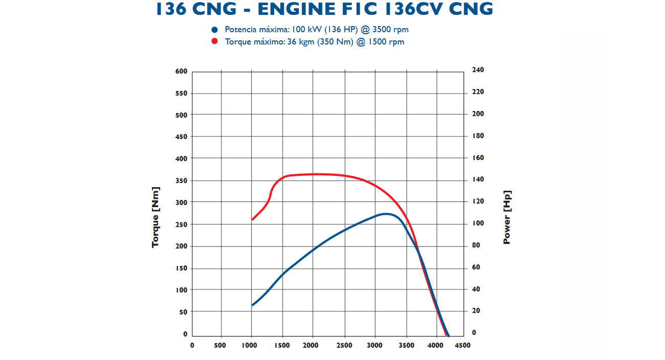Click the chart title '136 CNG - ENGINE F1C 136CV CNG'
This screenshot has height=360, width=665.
(325, 9)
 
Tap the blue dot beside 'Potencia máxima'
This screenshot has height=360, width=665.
(215, 30)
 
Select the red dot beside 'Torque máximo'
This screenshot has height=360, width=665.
(215, 42)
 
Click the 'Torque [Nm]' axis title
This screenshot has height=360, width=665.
(156, 217)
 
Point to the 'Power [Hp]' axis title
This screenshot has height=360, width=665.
(507, 217)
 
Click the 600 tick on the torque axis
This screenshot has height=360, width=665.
(182, 72)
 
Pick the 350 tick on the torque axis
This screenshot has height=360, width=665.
(182, 181)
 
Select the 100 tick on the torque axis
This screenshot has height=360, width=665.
(182, 290)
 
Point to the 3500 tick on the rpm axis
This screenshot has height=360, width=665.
(407, 346)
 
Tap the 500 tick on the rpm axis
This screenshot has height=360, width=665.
(220, 346)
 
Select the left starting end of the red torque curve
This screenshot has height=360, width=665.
(252, 219)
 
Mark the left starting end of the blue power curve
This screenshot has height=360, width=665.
(252, 305)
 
